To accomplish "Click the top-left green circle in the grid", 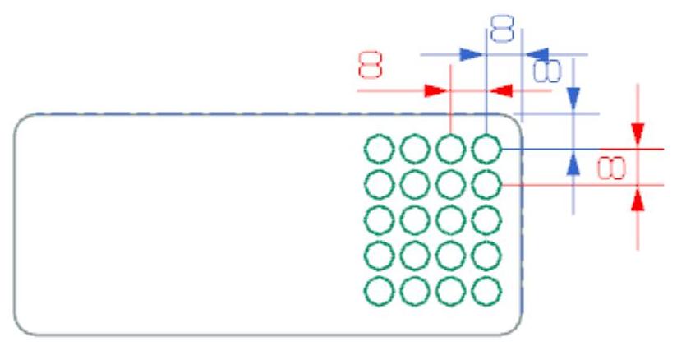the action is (x=379, y=150).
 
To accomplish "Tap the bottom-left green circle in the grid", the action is (x=379, y=291).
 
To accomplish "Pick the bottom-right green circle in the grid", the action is (x=487, y=291).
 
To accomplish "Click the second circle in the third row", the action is (x=415, y=220).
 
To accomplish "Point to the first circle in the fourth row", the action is (x=379, y=256).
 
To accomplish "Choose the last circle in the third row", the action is (x=487, y=220).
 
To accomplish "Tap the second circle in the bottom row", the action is (x=415, y=291).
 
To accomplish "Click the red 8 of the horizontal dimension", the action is (x=371, y=64).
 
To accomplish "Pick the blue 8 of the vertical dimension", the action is (x=544, y=69).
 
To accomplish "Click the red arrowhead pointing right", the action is (x=435, y=90).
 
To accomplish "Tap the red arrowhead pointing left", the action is (x=503, y=90).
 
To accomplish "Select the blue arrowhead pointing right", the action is (x=471, y=55).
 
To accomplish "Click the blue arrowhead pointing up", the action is (x=574, y=163).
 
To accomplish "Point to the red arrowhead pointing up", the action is (x=638, y=197).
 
